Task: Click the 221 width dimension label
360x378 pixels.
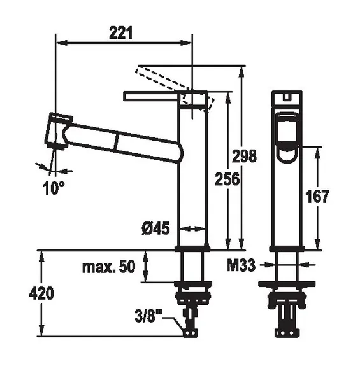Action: (x=120, y=33)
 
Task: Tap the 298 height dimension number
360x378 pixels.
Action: (x=244, y=156)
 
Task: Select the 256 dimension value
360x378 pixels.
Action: (x=227, y=179)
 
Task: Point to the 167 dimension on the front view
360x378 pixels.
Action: (x=317, y=196)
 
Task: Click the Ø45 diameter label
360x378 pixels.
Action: (x=155, y=228)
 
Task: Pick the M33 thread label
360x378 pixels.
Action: (x=241, y=265)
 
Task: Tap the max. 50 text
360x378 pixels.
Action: (x=109, y=267)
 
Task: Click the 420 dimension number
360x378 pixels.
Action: (x=41, y=293)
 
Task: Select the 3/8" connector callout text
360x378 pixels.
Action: (x=148, y=316)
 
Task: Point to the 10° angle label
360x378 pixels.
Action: (x=54, y=188)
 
